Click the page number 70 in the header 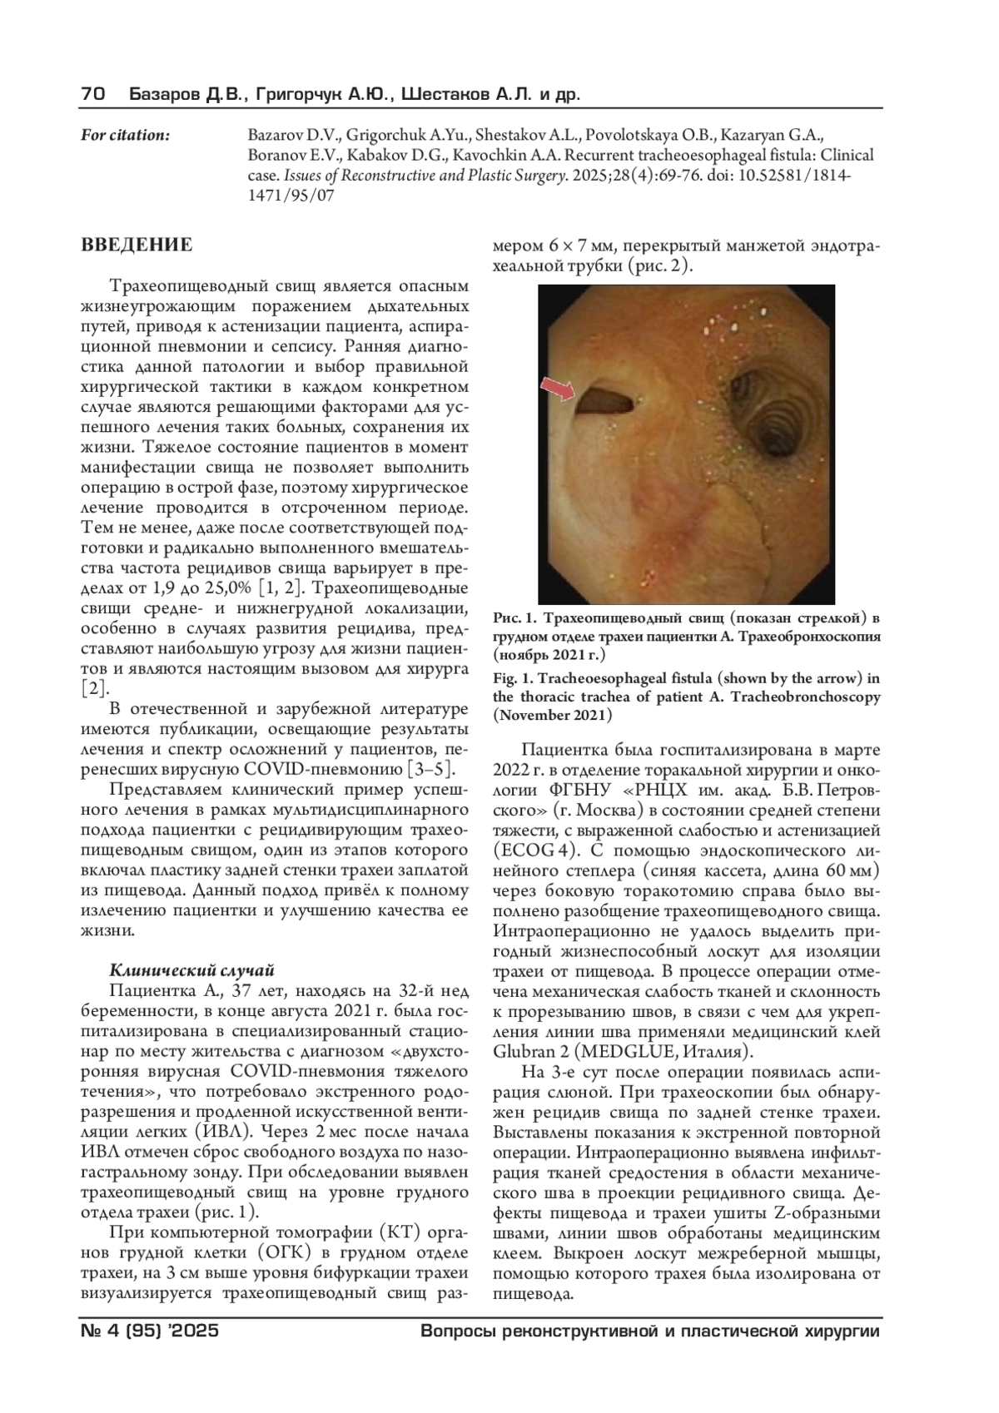92,95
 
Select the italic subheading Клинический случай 191,970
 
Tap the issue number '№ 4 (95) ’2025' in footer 150,1331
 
